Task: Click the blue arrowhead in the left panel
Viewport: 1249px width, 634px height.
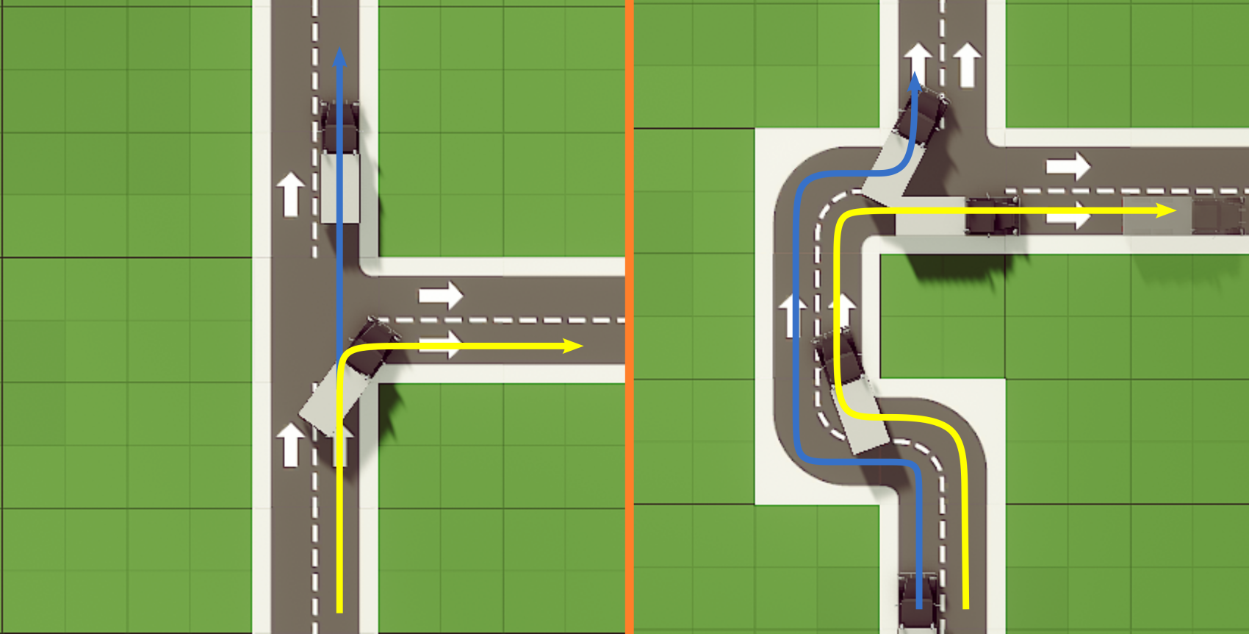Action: pos(339,59)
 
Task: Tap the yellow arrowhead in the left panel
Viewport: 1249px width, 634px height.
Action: pos(573,346)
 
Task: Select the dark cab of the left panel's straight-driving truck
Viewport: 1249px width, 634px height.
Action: pos(339,127)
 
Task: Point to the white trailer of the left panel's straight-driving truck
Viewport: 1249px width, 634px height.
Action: pos(340,187)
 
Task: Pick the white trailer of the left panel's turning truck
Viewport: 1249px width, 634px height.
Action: pos(331,401)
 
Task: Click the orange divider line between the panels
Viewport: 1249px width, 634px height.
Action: pos(629,317)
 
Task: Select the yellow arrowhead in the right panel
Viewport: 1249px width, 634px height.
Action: pos(1166,211)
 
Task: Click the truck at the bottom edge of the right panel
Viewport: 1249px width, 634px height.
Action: pos(918,599)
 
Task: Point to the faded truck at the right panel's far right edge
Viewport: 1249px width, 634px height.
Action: pos(1216,215)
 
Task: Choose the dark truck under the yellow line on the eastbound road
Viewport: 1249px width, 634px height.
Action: pos(992,216)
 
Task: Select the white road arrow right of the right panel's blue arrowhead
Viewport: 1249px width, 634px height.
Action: pos(967,64)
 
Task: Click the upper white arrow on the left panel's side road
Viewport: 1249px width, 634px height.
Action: pos(440,296)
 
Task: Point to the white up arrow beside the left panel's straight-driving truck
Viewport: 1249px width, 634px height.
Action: pos(290,193)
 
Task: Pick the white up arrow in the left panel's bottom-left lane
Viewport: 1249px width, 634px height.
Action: pos(290,444)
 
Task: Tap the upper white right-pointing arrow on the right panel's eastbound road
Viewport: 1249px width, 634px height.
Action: pos(1068,166)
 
